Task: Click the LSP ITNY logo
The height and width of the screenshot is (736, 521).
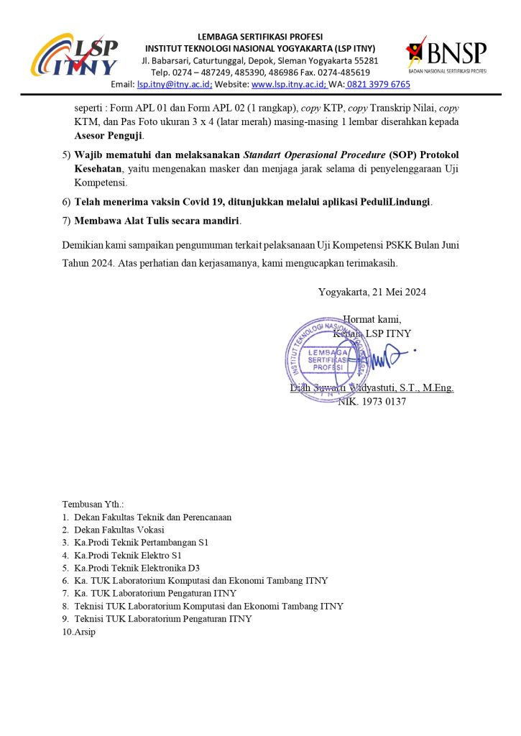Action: coord(74,55)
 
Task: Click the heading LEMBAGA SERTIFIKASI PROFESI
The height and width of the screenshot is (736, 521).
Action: coord(260,37)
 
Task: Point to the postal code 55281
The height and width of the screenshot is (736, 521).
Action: coord(365,60)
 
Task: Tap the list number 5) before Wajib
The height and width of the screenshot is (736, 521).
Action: coord(67,155)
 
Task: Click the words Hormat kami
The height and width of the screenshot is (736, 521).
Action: coord(372,319)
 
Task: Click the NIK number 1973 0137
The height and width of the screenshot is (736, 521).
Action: coord(381,402)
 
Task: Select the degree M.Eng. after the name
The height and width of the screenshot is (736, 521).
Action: coord(436,388)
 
